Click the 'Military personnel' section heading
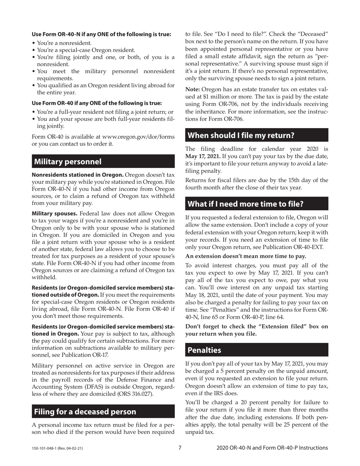(x=68, y=162)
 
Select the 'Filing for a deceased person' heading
(x=85, y=411)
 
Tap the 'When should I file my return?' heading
(x=241, y=135)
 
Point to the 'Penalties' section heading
(x=205, y=350)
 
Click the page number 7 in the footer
(x=180, y=448)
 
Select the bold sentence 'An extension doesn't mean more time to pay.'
(x=246, y=256)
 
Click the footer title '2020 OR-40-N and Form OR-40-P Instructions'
(x=272, y=448)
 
